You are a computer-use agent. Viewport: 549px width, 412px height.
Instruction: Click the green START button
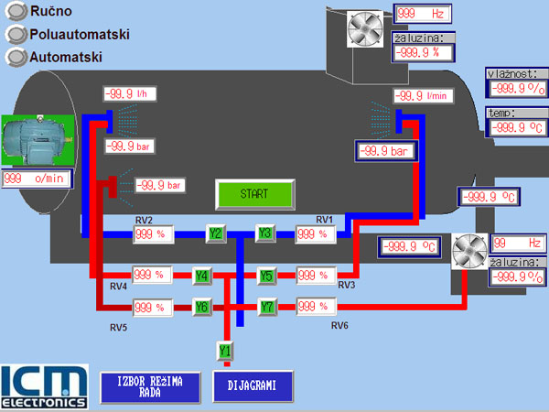point(254,194)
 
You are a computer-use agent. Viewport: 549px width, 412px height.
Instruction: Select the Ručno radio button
point(15,13)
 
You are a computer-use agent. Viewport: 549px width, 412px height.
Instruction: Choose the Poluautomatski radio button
point(15,35)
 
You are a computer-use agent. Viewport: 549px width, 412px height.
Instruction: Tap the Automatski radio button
point(15,57)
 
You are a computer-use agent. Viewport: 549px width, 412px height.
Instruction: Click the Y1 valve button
point(224,350)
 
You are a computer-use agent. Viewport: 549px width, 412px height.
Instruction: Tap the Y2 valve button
point(215,233)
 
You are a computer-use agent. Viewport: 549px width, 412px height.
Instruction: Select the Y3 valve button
point(265,233)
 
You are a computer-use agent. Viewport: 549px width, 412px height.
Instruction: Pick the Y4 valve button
point(202,276)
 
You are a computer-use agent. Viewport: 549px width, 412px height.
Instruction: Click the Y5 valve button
point(266,276)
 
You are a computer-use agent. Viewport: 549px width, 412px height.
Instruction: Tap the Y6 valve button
point(202,307)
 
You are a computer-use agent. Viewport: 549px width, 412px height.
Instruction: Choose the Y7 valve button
point(266,307)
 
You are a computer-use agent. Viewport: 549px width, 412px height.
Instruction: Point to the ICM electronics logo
point(44,385)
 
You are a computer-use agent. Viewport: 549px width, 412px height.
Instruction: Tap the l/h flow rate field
point(133,93)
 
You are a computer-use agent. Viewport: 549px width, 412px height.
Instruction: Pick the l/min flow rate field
point(424,96)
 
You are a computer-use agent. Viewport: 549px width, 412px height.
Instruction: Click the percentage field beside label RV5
point(153,307)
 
